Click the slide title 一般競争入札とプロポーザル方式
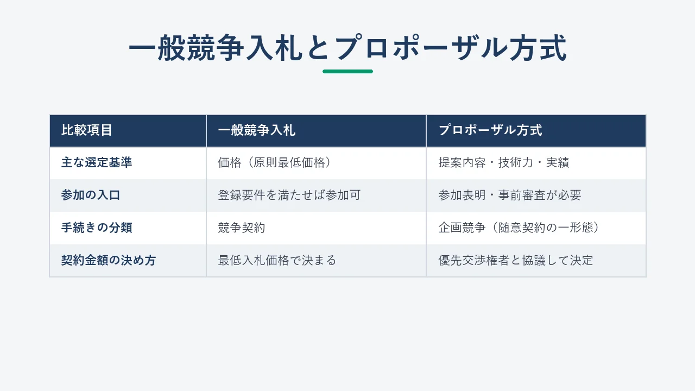click(348, 48)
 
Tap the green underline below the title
click(348, 71)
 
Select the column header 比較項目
click(86, 130)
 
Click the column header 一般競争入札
click(257, 130)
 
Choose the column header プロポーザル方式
click(490, 130)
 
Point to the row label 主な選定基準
click(97, 162)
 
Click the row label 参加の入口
click(91, 195)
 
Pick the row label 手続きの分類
click(97, 228)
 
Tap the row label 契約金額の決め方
click(108, 260)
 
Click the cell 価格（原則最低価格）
click(275, 162)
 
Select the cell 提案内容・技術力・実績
click(504, 162)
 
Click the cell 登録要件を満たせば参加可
click(289, 195)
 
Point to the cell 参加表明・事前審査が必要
click(510, 195)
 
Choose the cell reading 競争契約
click(242, 228)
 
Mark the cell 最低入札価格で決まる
click(277, 260)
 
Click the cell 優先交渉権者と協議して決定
click(516, 260)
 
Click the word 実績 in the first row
click(558, 162)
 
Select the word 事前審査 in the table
click(522, 195)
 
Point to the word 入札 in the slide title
click(275, 48)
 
